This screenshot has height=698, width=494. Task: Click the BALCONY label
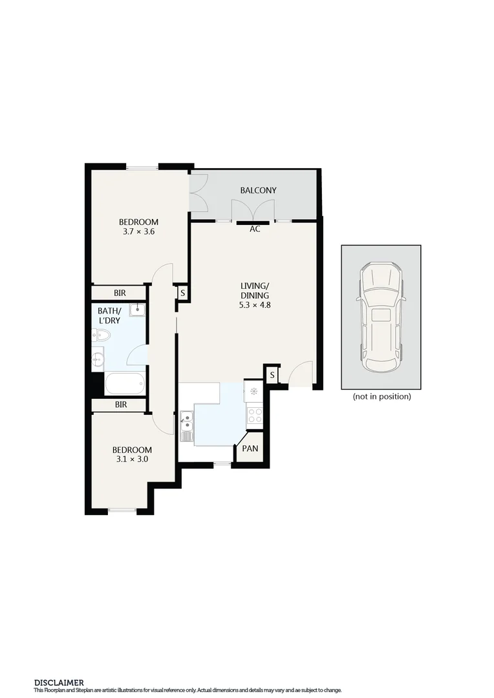coord(258,190)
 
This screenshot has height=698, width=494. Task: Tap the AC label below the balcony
coord(255,229)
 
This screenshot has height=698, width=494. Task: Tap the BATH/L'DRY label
coord(109,315)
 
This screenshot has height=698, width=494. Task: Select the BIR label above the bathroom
coord(120,293)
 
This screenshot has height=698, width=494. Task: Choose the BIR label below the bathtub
coord(120,405)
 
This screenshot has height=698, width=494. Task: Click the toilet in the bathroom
coord(101,335)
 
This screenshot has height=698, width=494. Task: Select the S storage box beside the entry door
coord(272,375)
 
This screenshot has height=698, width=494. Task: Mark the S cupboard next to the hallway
coord(182,293)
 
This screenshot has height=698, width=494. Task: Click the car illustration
coord(381,317)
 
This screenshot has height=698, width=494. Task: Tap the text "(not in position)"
coord(381,397)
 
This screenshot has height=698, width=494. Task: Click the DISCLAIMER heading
coord(58,682)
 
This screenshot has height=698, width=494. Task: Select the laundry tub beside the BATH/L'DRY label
coord(137,310)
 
